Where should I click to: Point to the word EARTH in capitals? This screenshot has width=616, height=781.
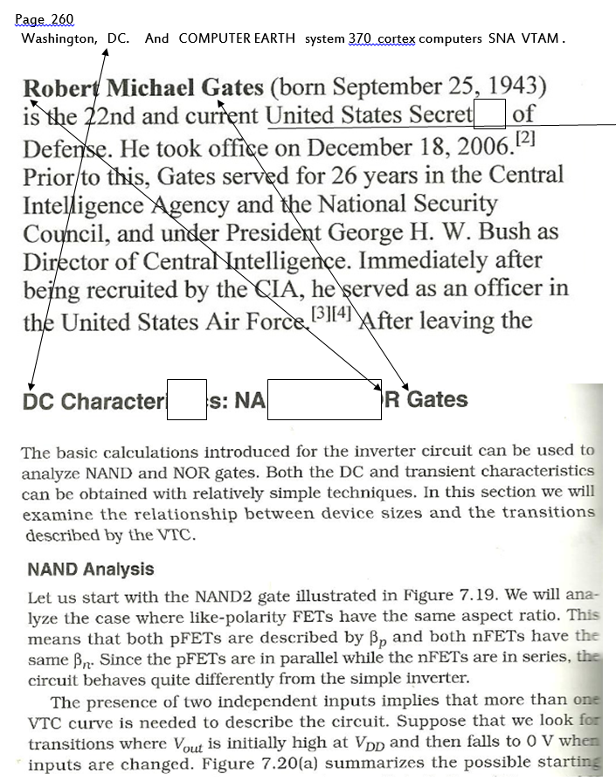(274, 39)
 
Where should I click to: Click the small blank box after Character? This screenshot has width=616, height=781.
(186, 399)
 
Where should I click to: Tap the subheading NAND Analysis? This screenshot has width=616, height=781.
(90, 570)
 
